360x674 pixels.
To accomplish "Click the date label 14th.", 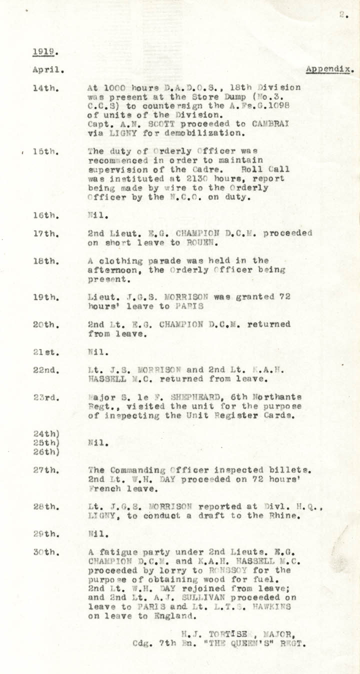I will (46, 88).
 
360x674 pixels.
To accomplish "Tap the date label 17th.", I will (46, 233).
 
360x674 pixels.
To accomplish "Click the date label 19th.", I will (46, 297).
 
